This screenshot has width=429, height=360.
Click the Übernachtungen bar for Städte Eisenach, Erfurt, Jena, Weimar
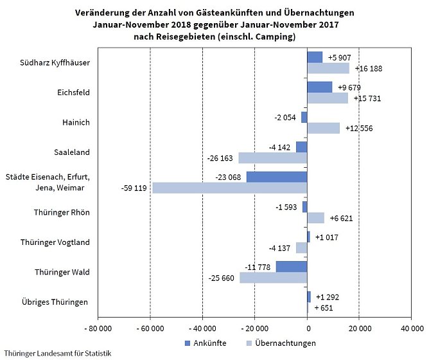229,188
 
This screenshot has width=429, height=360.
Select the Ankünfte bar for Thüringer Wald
292,267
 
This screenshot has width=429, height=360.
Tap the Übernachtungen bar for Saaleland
272,157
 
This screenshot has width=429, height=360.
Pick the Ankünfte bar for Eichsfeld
319,87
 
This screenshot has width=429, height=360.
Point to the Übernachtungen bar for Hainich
323,128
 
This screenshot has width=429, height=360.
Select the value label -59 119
136,188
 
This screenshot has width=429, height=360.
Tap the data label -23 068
230,176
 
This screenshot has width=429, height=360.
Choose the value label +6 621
340,218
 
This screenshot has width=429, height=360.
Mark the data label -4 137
281,248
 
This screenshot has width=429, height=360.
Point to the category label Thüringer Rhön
63,212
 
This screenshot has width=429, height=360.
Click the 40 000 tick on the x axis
411,328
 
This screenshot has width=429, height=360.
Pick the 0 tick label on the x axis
307,328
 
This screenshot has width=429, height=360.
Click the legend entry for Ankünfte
205,343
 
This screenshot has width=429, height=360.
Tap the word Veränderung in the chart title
101,13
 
